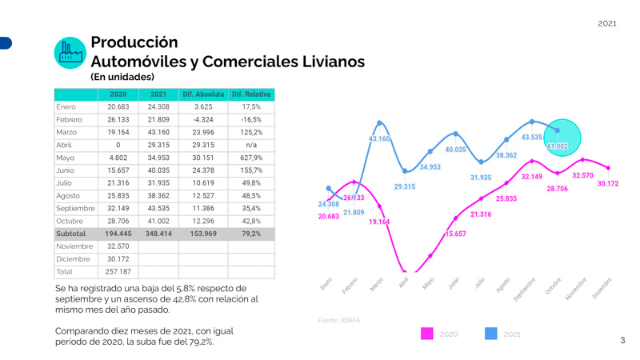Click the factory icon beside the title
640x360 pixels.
70,53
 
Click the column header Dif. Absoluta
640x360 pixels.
203,94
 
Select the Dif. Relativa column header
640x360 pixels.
251,94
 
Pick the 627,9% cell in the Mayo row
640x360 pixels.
251,158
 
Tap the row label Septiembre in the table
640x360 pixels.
75,208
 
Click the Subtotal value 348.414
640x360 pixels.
158,234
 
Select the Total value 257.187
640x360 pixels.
118,272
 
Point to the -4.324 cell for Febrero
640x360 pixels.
203,119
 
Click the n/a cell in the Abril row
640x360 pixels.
251,145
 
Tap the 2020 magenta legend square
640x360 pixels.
427,334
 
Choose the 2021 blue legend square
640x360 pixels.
490,334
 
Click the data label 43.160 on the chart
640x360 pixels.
379,139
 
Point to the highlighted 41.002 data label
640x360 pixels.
558,146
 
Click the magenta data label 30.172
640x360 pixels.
607,184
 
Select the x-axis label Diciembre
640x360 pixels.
602,288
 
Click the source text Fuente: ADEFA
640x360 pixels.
338,320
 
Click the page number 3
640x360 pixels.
622,341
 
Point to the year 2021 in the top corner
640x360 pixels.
607,23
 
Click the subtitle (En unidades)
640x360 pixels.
122,77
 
